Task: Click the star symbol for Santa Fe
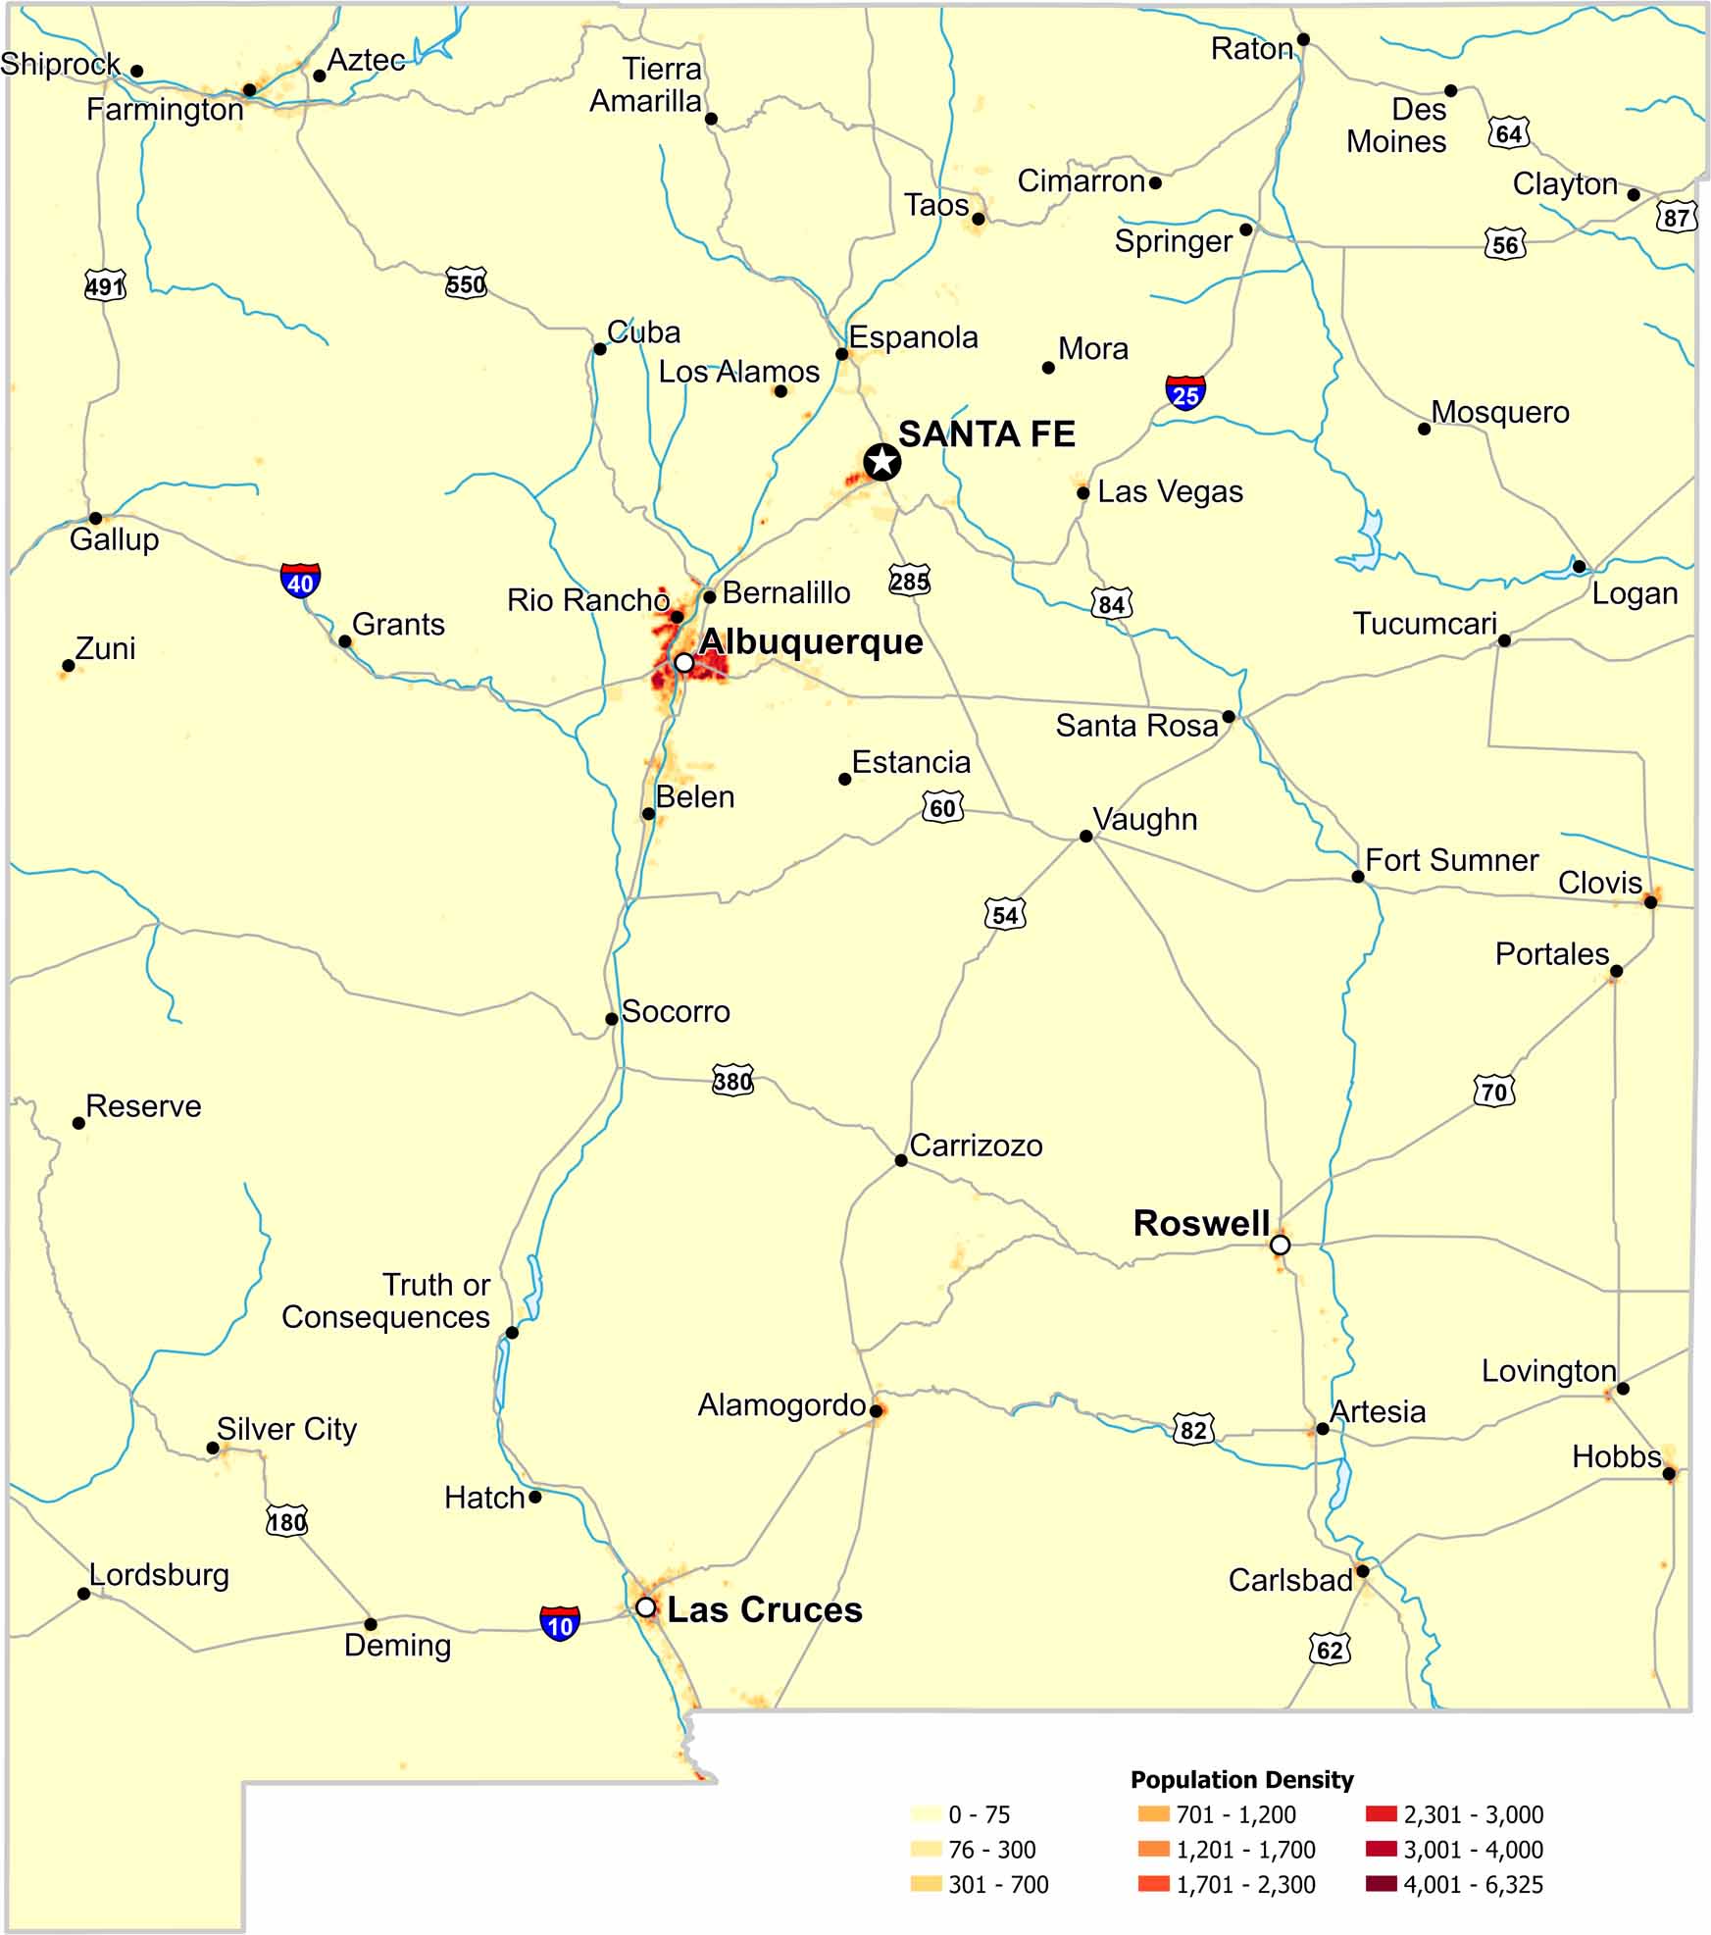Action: (881, 461)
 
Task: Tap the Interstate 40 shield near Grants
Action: (300, 582)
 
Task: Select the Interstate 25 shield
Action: (1185, 393)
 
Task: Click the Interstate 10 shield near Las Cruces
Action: (560, 1624)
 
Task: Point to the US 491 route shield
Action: (105, 286)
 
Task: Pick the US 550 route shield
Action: (466, 283)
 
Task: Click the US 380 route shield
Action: (732, 1080)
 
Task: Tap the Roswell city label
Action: (1201, 1223)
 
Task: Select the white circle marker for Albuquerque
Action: (684, 663)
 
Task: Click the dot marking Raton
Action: (1303, 40)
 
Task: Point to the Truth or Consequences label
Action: (386, 1300)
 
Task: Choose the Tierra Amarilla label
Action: (646, 85)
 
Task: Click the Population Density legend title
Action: (1241, 1779)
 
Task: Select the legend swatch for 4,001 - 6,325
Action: (1381, 1883)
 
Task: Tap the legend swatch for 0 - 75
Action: (926, 1813)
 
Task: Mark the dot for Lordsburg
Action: (84, 1594)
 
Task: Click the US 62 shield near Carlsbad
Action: (1330, 1649)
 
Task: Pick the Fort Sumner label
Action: (1451, 860)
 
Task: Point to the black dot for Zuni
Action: (69, 666)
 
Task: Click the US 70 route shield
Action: (1494, 1091)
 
